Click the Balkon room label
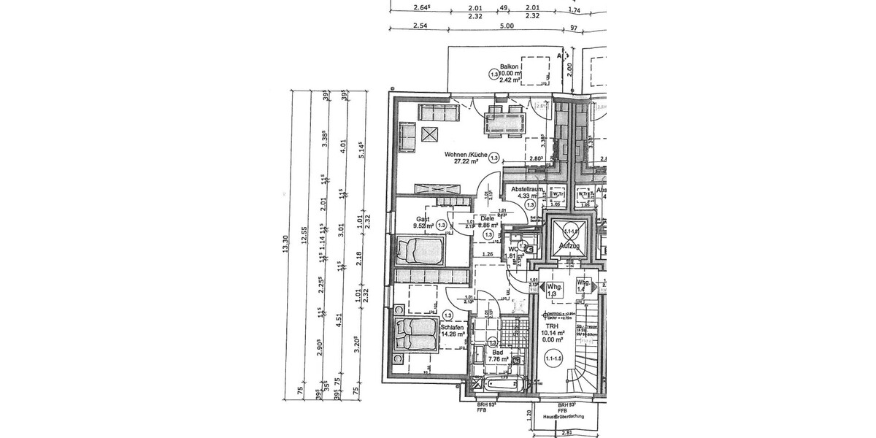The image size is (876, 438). pos(508,65)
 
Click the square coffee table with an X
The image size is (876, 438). pos(429,134)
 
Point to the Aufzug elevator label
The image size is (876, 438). pos(569,247)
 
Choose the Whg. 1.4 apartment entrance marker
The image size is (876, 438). pos(583,286)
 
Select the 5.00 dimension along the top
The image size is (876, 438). pos(507,26)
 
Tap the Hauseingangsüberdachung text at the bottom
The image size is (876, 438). pos(566,415)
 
